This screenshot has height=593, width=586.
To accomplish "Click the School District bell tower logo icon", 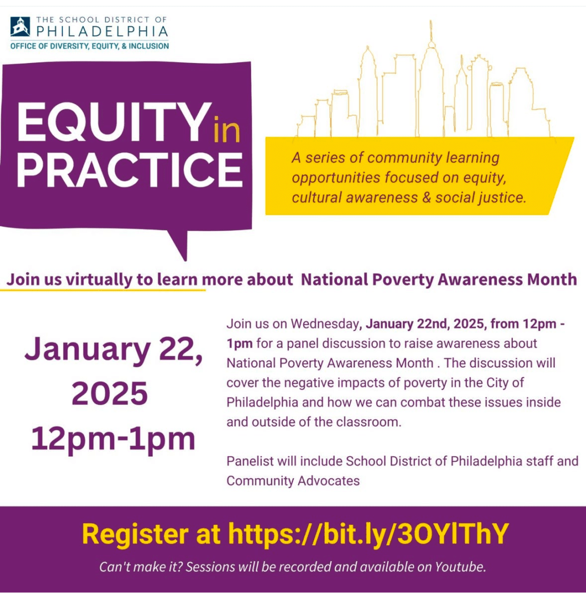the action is click(x=20, y=26).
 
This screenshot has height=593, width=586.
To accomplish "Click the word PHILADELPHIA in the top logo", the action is click(x=102, y=31).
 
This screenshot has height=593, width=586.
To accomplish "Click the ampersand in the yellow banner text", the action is click(x=427, y=198).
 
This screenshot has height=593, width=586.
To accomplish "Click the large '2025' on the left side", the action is click(x=110, y=394).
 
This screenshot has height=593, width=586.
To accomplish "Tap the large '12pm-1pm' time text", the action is click(x=113, y=439).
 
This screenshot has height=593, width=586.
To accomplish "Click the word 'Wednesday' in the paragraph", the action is click(x=325, y=324).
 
